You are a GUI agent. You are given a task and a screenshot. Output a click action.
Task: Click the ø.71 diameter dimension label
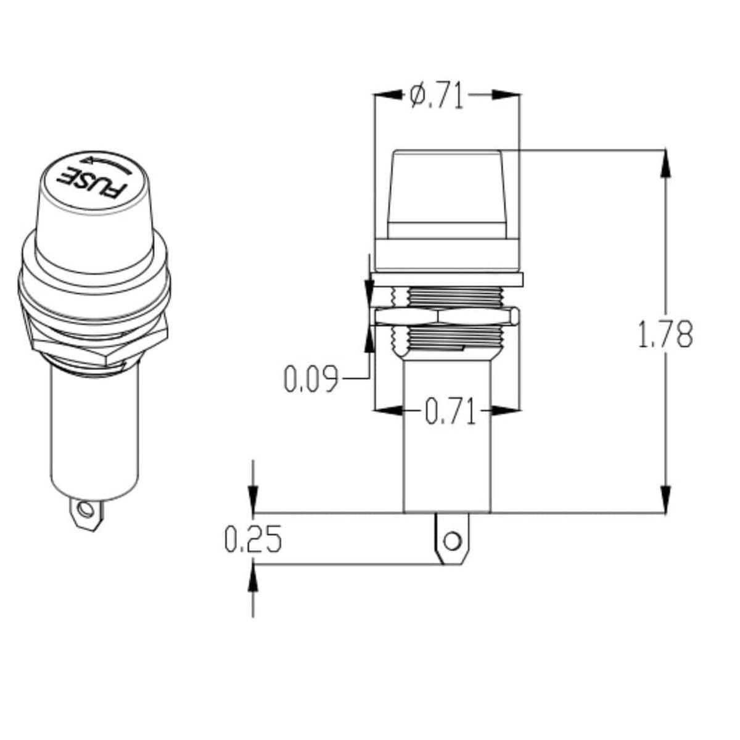[436, 96]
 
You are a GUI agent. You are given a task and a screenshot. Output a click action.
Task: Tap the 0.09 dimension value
[311, 379]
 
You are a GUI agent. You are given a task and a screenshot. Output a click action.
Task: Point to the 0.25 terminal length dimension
[252, 539]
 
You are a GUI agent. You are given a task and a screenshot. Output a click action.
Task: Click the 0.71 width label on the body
[451, 412]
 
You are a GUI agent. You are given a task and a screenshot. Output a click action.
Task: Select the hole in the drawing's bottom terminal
[453, 541]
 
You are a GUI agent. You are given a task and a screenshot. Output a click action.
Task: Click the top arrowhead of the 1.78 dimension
[665, 162]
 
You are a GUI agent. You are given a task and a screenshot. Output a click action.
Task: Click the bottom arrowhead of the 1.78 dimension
[665, 499]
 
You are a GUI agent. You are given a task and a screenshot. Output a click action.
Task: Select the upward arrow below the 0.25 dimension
[253, 580]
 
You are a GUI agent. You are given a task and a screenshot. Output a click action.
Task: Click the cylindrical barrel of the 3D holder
[92, 432]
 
